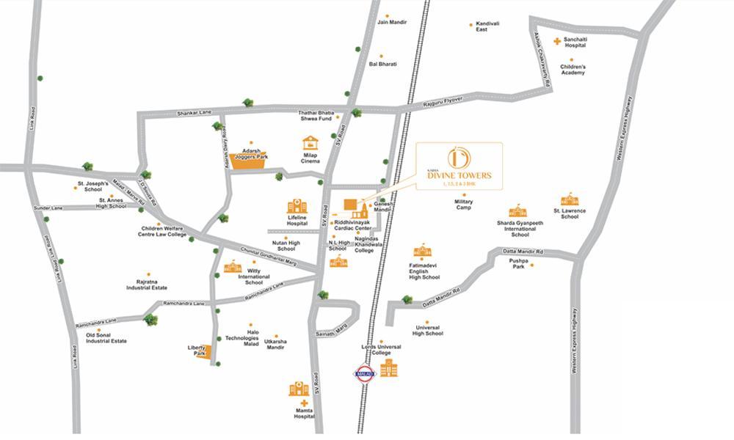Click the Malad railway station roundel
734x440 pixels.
[x=365, y=374]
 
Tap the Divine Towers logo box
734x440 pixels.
[x=459, y=166]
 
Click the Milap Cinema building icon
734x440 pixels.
[x=310, y=143]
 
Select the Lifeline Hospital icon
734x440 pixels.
[x=297, y=206]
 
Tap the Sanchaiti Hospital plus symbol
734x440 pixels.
[x=558, y=41]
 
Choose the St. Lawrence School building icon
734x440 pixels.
[x=570, y=199]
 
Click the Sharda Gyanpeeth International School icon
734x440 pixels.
[x=517, y=210]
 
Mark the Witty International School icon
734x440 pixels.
[x=233, y=266]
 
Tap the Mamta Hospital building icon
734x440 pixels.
[x=299, y=389]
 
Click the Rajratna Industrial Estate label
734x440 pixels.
[x=147, y=285]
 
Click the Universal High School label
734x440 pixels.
[x=427, y=330]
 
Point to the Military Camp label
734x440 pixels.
[x=463, y=205]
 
